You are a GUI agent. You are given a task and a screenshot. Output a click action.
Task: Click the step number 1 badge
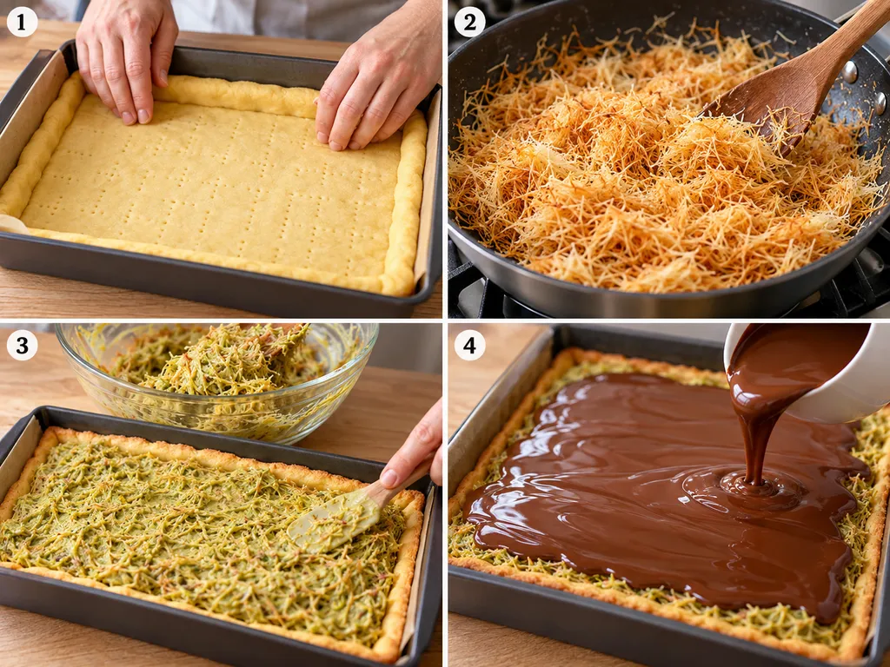[22, 22]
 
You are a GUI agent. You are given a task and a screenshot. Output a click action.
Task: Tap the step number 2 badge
[469, 22]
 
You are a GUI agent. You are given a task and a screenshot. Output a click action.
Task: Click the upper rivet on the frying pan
[850, 72]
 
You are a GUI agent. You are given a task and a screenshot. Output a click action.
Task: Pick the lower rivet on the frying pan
[880, 102]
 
